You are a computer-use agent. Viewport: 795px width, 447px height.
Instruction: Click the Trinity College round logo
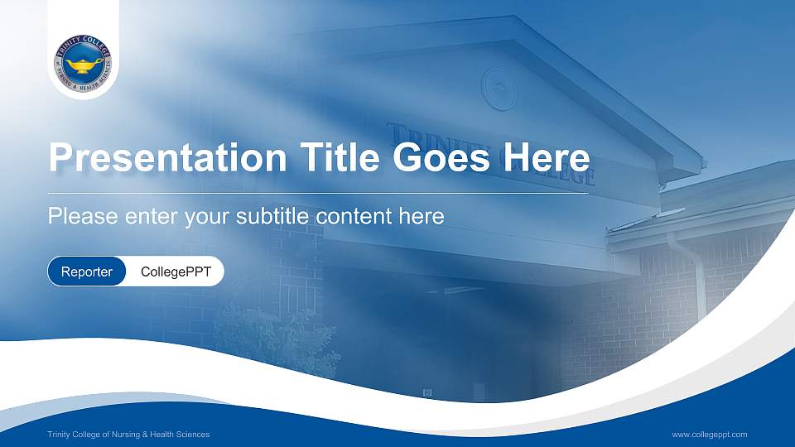tap(83, 64)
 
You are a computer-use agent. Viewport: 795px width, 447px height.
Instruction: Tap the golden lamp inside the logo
tap(84, 65)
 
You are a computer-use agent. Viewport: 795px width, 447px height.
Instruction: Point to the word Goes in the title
tap(441, 157)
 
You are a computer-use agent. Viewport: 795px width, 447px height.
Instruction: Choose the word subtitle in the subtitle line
tap(272, 216)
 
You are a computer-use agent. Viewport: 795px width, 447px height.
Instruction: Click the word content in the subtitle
tap(354, 216)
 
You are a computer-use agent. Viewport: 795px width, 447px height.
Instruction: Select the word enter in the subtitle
tap(151, 217)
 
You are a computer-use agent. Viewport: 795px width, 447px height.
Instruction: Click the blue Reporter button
tap(87, 272)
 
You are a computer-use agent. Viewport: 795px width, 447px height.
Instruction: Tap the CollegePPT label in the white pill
tap(176, 272)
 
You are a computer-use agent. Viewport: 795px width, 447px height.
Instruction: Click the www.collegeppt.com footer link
tap(710, 435)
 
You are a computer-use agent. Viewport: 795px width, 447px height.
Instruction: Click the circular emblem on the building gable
tap(499, 89)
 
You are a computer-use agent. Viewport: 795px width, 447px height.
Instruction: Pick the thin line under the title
tap(318, 193)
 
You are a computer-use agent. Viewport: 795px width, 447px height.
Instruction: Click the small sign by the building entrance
tap(427, 392)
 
